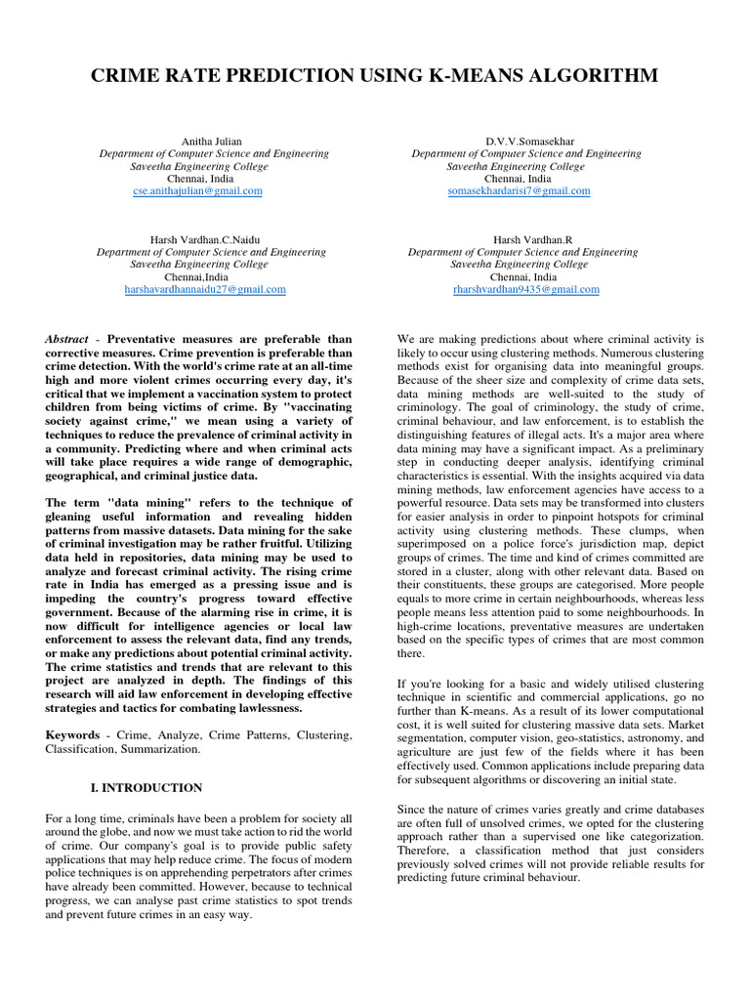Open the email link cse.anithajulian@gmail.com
198,191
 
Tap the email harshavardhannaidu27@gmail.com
205,290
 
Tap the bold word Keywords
72,733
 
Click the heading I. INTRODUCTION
139,788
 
